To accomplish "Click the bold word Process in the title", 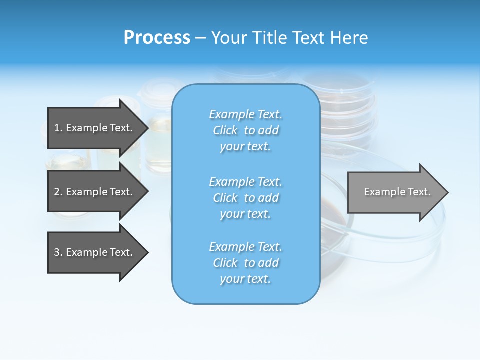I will tap(157, 38).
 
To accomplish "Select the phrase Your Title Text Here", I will tap(289, 38).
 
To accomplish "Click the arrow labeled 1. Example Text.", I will tap(93, 128).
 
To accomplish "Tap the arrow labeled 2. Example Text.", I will tap(93, 192).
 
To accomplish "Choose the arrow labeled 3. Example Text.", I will tap(93, 252).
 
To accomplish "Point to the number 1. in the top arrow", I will tap(58, 128).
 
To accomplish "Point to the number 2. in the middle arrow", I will tap(58, 192).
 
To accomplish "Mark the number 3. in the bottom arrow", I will tap(58, 252).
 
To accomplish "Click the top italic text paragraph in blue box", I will tap(245, 130).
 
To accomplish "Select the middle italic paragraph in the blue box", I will tap(245, 198).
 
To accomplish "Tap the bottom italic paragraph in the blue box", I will tap(245, 263).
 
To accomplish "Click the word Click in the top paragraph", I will tap(225, 130).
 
